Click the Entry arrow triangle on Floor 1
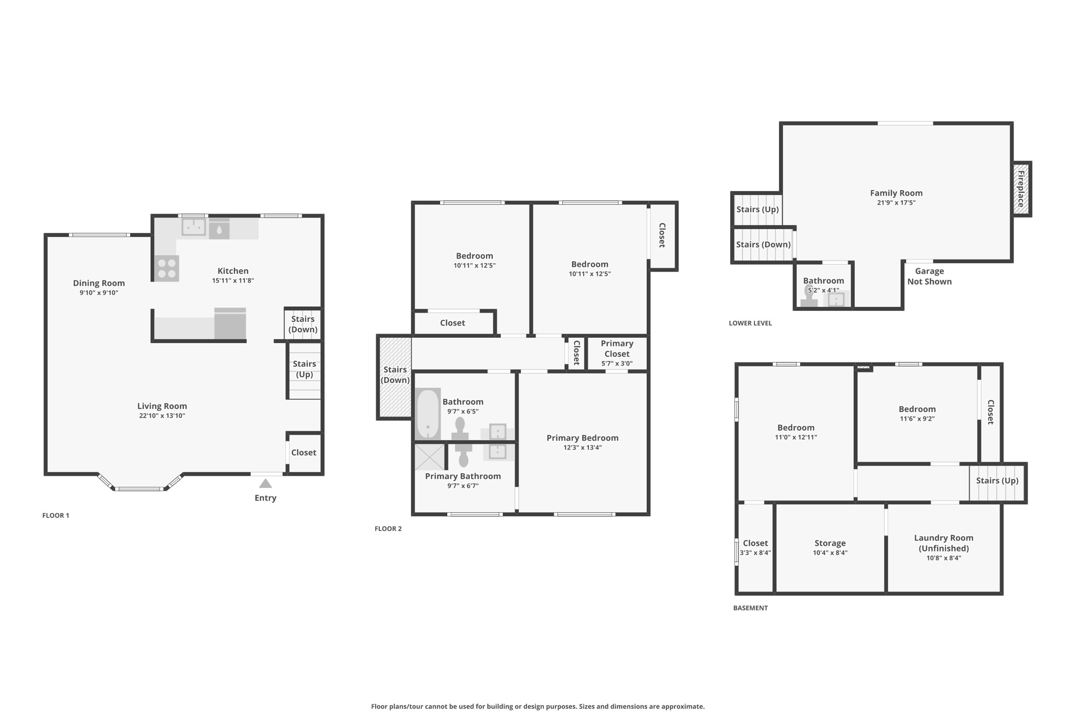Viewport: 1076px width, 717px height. pos(265,483)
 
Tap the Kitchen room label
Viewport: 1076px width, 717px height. pos(233,271)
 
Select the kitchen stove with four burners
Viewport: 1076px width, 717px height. pos(167,268)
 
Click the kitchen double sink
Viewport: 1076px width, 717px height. pos(193,227)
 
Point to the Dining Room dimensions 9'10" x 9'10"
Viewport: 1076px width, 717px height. pos(99,293)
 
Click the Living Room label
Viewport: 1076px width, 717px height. pos(162,406)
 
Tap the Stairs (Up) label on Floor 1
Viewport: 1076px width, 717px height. pos(304,369)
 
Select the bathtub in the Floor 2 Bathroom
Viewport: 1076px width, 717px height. pos(428,414)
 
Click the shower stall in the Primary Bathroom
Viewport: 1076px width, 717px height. pos(429,456)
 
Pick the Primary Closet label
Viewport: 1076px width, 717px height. pos(617,348)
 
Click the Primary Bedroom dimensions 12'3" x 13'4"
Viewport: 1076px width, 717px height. pos(582,448)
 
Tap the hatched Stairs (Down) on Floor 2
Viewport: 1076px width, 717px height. pos(395,375)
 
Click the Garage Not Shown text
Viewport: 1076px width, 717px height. pos(929,276)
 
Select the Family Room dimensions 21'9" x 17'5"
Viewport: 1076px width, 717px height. pos(896,203)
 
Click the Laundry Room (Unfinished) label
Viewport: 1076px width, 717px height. pos(944,543)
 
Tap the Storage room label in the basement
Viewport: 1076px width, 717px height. pos(830,543)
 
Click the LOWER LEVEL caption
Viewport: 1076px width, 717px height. pos(750,323)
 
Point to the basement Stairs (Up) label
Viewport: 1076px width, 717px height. pos(997,481)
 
